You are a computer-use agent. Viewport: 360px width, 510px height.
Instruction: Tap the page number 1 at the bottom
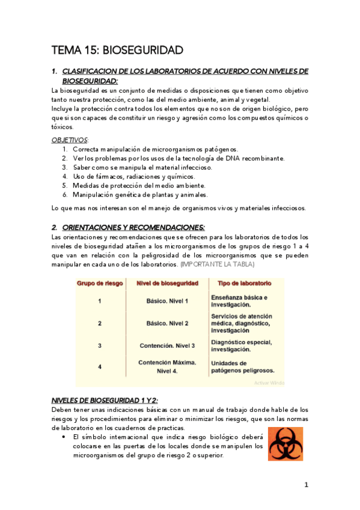tap(306, 485)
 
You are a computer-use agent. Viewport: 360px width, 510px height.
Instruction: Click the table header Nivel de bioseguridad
tap(167, 283)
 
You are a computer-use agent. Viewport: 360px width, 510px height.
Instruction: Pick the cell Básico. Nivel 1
tap(167, 301)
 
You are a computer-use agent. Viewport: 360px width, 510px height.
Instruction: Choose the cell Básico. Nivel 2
tap(167, 324)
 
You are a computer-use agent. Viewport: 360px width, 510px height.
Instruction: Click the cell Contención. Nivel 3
tap(167, 345)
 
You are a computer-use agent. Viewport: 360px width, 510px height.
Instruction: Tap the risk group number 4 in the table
tap(100, 366)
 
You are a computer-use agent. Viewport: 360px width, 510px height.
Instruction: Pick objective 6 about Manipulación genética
tap(140, 195)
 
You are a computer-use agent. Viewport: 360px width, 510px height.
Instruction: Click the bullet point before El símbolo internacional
tap(64, 437)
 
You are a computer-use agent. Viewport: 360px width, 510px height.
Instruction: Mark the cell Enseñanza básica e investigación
tap(239, 301)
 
